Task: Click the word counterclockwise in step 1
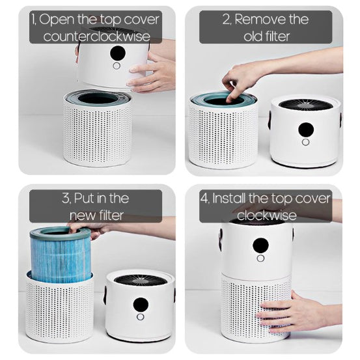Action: click(x=96, y=36)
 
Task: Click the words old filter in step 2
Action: click(x=266, y=36)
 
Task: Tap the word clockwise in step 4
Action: click(x=266, y=215)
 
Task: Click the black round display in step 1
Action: click(x=118, y=53)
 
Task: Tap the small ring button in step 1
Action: click(x=117, y=66)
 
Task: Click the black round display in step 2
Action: click(x=306, y=130)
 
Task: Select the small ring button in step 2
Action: click(x=305, y=143)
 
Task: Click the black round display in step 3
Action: click(x=141, y=305)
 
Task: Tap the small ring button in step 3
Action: click(x=140, y=317)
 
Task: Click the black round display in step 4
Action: click(x=260, y=245)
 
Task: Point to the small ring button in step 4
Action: click(x=260, y=258)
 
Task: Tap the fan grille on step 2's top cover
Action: click(x=305, y=105)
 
